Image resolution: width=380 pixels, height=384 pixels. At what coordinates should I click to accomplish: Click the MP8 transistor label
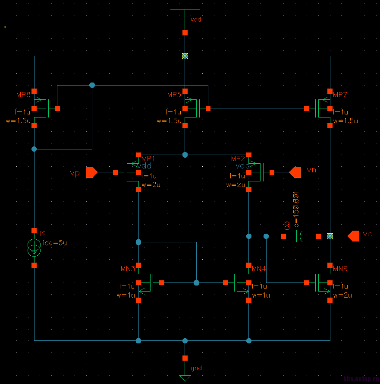click(23, 95)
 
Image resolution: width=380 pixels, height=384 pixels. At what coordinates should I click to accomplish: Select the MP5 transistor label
click(174, 95)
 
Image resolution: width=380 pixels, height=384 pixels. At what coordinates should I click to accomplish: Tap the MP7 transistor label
click(340, 95)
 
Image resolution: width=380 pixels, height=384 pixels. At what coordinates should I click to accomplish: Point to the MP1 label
click(148, 159)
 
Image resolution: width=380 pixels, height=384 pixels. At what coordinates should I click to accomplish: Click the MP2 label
click(238, 159)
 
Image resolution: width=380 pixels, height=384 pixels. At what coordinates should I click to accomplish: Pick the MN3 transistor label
click(128, 269)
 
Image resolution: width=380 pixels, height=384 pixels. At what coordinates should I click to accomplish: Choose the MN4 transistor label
click(259, 269)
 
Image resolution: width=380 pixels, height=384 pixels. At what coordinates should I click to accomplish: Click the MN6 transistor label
click(340, 269)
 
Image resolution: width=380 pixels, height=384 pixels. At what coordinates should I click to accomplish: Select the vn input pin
click(295, 172)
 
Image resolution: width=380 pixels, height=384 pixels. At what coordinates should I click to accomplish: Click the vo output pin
click(353, 236)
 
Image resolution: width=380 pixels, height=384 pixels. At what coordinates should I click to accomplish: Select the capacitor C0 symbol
click(301, 236)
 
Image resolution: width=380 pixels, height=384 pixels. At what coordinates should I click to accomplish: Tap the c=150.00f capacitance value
click(296, 209)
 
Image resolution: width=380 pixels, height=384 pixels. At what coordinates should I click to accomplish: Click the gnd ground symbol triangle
click(185, 378)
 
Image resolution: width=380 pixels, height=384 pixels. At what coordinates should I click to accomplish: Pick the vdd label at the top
click(196, 19)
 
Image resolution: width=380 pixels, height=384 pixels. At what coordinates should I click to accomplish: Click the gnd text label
click(196, 368)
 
